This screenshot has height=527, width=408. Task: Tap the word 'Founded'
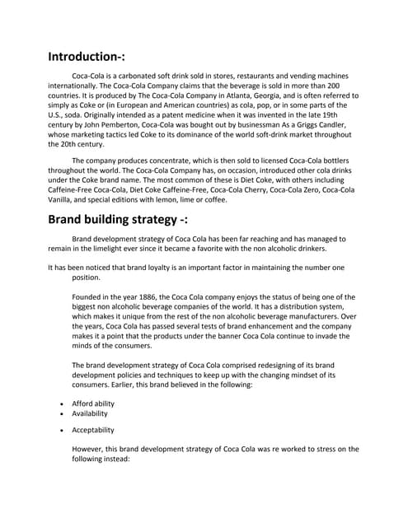click(x=89, y=297)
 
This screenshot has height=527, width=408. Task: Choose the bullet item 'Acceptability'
click(x=93, y=430)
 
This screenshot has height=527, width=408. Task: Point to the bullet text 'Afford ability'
click(x=93, y=404)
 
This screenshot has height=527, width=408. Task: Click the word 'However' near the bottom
click(x=91, y=450)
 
